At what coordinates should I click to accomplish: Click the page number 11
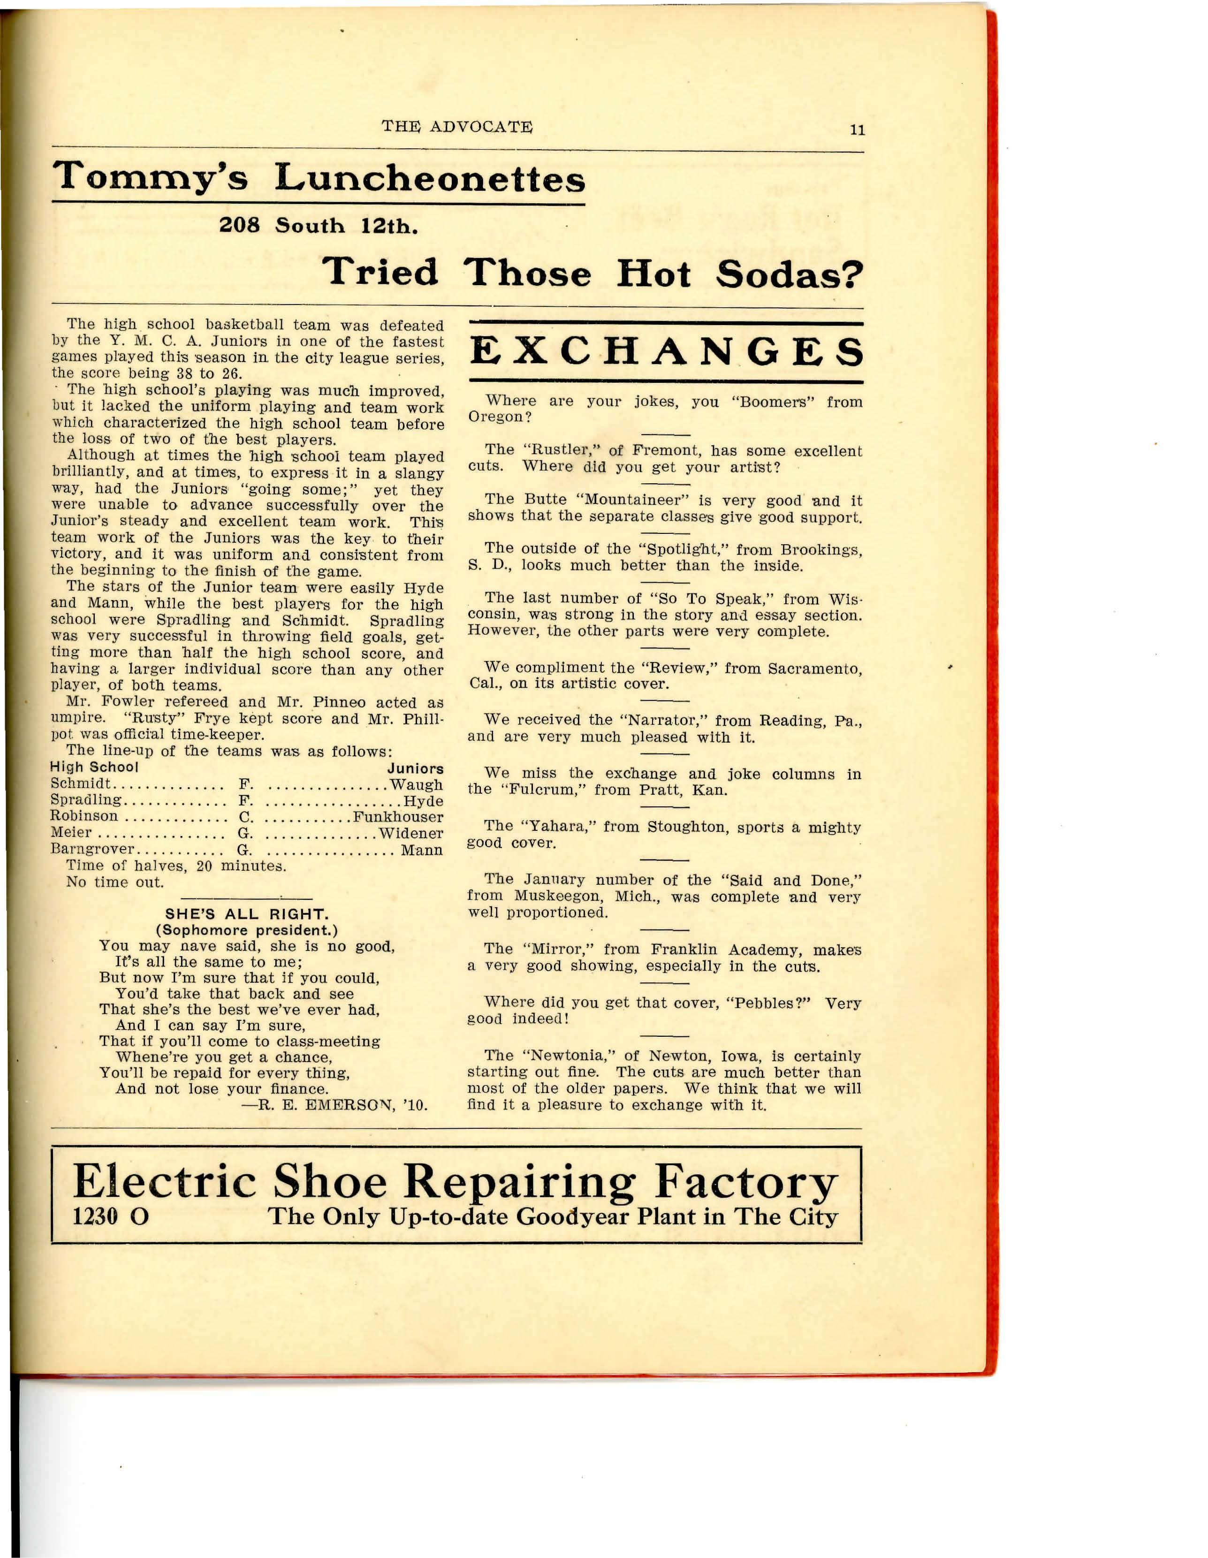pos(857,130)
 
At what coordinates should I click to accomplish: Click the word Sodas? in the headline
pos(789,274)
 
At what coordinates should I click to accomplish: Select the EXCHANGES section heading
pos(667,352)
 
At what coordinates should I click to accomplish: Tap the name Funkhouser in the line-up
pos(398,817)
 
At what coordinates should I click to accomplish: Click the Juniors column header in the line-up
pos(415,769)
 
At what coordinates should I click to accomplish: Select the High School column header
pos(93,768)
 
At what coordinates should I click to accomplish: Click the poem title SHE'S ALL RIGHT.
pos(247,914)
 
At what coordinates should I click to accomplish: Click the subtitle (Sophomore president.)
pos(247,930)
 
